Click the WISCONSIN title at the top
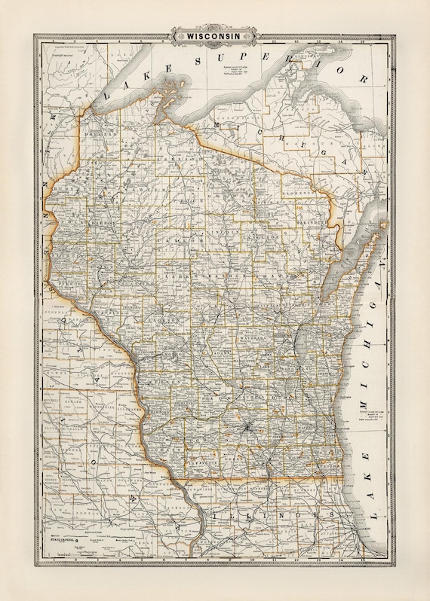(x=215, y=34)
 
